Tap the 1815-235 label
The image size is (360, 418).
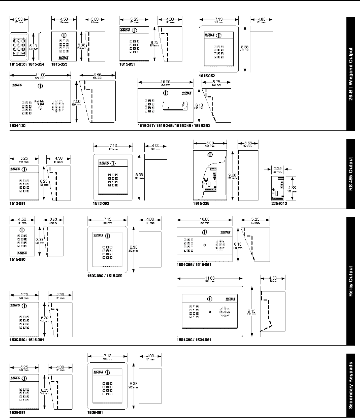201,203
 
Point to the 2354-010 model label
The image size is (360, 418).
279,203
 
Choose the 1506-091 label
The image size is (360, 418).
95,411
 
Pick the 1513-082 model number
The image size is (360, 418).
101,203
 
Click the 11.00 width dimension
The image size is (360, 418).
40,75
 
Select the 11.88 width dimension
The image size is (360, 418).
209,277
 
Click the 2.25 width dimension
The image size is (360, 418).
277,169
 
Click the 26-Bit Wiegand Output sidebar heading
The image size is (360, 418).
350,74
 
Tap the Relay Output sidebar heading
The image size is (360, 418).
350,280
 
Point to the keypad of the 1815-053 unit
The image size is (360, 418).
19,47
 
